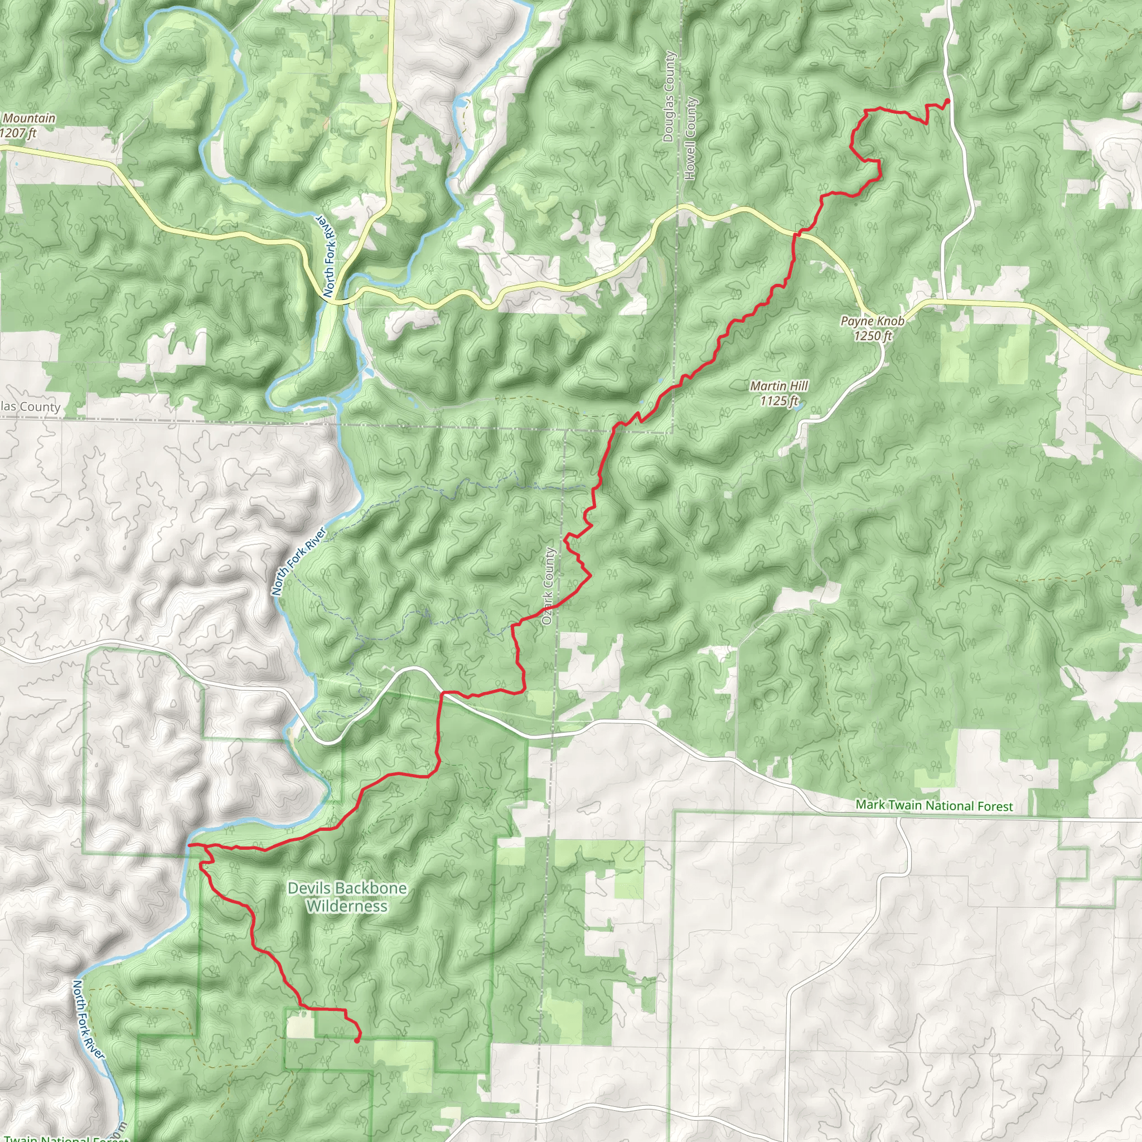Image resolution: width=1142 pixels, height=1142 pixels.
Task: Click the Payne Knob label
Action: pyautogui.click(x=872, y=321)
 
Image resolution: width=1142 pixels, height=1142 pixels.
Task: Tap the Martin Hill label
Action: pyautogui.click(x=778, y=386)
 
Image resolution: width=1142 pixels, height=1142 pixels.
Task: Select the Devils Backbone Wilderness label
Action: pyautogui.click(x=347, y=897)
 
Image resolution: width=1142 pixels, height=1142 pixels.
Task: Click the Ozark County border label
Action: pyautogui.click(x=548, y=586)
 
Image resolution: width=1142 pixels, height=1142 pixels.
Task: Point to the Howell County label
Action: pyautogui.click(x=690, y=138)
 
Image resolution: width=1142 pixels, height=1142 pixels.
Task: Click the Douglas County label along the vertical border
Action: pyautogui.click(x=669, y=96)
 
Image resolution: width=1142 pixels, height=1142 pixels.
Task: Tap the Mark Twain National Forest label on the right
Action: pyautogui.click(x=934, y=806)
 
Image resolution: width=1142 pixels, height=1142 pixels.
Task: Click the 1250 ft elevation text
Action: pyautogui.click(x=873, y=336)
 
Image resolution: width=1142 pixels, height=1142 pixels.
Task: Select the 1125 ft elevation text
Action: pyautogui.click(x=778, y=401)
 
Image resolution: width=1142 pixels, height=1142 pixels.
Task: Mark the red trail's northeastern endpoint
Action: pyautogui.click(x=947, y=101)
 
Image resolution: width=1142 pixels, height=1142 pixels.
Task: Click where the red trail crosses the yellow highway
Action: pyautogui.click(x=796, y=235)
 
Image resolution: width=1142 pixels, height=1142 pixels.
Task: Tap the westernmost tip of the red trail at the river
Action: pyautogui.click(x=188, y=845)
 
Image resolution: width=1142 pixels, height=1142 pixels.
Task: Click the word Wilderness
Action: pyautogui.click(x=347, y=906)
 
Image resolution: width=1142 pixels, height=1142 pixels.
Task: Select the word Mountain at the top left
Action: pyautogui.click(x=28, y=118)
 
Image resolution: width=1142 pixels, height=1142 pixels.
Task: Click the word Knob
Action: pyautogui.click(x=889, y=321)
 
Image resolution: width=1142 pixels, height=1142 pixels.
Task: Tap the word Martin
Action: pyautogui.click(x=767, y=386)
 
